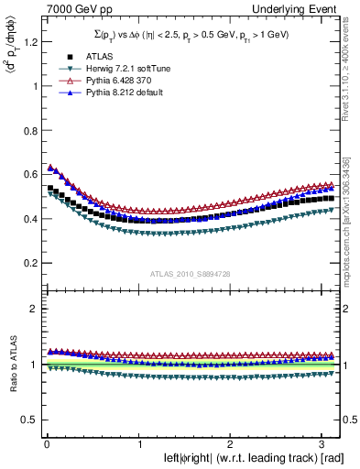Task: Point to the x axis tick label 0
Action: coord(46,443)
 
